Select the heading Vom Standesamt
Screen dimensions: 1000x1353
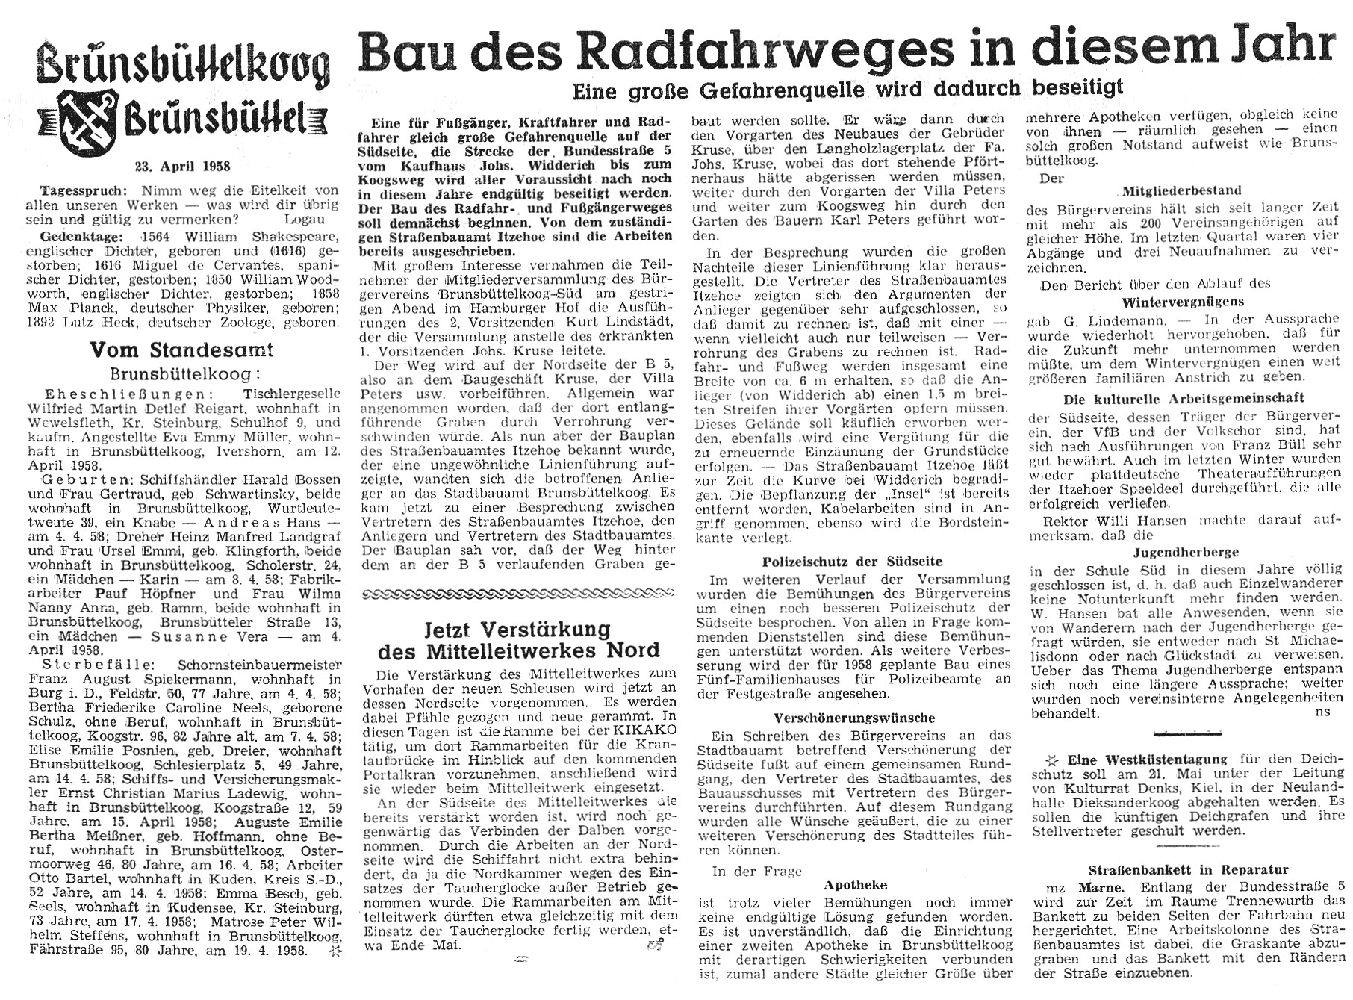pos(181,349)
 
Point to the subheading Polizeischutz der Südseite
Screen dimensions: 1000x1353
pos(852,561)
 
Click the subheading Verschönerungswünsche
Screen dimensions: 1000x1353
pos(851,718)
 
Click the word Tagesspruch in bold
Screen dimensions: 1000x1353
pos(78,190)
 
